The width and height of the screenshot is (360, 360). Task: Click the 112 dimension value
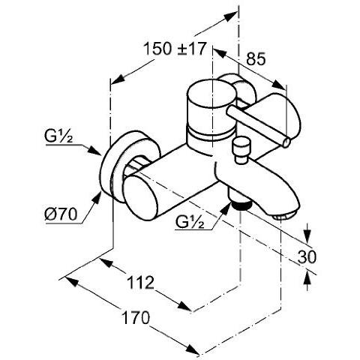pyautogui.click(x=139, y=282)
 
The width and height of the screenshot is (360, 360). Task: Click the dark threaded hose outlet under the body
pyautogui.click(x=239, y=203)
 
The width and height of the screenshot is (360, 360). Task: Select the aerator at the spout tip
pyautogui.click(x=280, y=215)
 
